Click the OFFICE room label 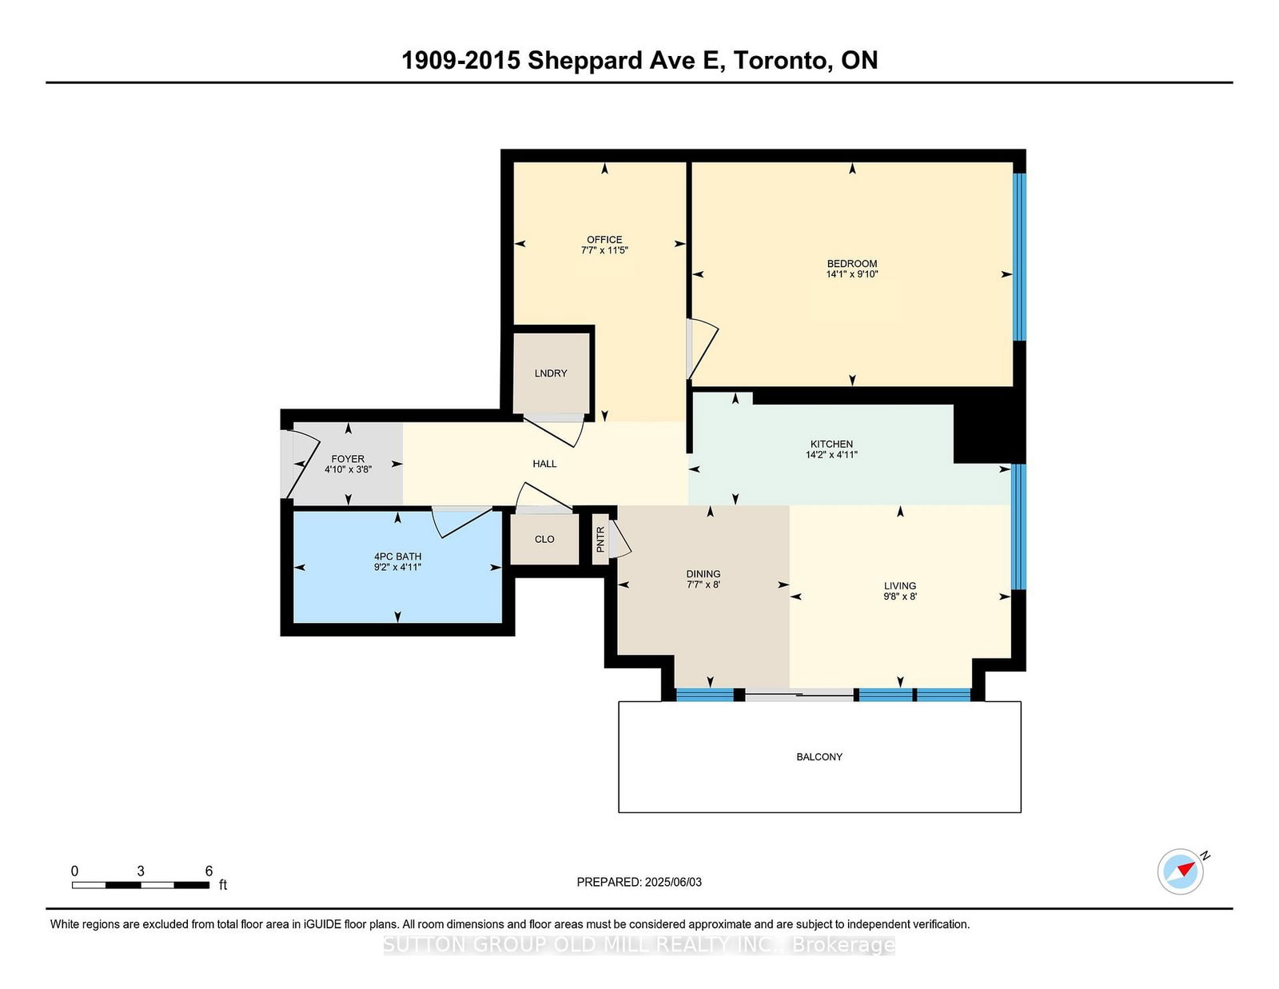pos(604,239)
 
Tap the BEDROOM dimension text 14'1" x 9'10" pos(852,274)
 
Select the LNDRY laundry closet pos(551,373)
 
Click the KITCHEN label pos(831,444)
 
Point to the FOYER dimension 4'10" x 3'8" pos(348,470)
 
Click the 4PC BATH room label pos(397,556)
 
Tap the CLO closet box pos(544,539)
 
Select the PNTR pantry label pos(600,540)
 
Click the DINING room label pos(703,573)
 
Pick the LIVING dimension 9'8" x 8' pos(900,596)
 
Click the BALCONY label pos(819,756)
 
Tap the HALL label pos(544,464)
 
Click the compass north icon pos(1181,871)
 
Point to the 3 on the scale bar pos(141,871)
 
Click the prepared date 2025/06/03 pos(672,882)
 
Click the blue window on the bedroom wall pos(1019,256)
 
